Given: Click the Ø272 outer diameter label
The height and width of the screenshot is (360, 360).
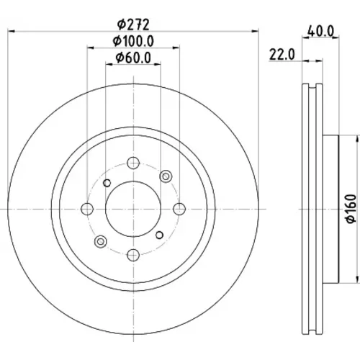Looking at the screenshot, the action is coord(133,24).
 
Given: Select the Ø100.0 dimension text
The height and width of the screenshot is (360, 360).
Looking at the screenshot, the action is coord(133,41).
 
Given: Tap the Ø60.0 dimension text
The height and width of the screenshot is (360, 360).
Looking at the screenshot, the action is coord(133,58).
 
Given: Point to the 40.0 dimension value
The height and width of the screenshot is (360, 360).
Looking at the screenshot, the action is coord(321,31).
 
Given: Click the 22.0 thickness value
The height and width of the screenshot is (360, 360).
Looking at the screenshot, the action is coord(282,55).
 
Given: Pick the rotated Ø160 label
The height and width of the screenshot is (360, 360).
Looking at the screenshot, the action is coord(352,209).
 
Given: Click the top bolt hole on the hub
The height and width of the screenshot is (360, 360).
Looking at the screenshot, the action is coord(133,163).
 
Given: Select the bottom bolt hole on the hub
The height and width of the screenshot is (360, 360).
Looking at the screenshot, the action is coord(133,255).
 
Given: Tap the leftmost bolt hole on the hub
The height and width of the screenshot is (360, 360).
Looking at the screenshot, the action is coord(87,209).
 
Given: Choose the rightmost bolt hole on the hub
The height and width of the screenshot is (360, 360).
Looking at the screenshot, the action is coord(179,209).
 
